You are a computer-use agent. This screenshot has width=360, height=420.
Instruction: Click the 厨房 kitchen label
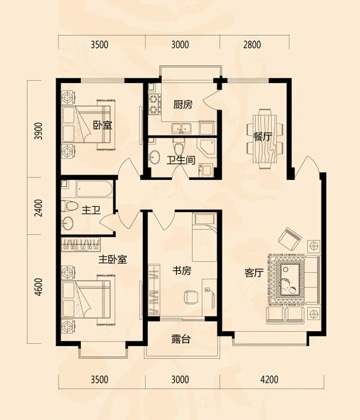point(182,104)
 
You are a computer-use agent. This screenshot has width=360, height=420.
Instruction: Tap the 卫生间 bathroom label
point(181,160)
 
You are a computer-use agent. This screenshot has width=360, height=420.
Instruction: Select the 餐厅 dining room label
point(262,136)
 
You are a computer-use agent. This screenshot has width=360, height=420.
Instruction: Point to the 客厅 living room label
point(254,273)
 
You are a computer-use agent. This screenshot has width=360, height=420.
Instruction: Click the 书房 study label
point(182,271)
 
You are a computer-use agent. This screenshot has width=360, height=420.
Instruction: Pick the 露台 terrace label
point(181,339)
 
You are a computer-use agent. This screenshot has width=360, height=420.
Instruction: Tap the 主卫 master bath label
point(91,211)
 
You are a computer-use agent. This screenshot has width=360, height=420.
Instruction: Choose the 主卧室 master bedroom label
point(112,259)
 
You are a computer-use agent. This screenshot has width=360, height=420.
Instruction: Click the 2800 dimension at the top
point(252,45)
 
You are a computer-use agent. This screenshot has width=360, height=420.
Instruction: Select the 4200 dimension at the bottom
point(269,380)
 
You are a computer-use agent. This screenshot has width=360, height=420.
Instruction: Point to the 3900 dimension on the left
point(38,131)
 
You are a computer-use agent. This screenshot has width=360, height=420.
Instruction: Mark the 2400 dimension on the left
point(38,208)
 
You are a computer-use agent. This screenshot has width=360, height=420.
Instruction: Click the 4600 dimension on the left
point(38,287)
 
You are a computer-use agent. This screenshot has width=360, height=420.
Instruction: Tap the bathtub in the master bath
point(94,189)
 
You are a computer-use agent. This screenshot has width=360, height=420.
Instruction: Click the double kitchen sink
point(181,129)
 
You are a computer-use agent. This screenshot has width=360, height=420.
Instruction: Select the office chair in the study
point(191,297)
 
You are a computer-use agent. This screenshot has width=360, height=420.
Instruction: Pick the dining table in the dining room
point(264,139)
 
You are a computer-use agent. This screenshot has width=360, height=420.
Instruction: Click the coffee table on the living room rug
point(290,280)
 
